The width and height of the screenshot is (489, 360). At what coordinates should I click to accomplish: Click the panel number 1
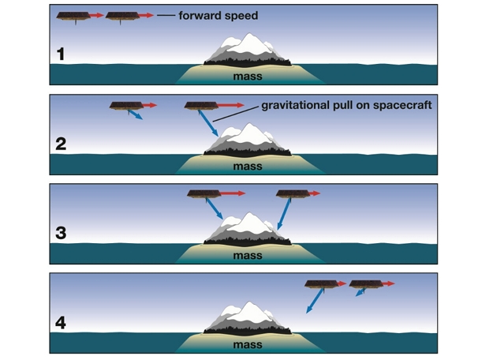[61, 56]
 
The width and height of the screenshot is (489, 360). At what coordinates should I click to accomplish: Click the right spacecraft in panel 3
[292, 194]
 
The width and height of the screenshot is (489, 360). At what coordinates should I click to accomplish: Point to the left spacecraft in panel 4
[321, 284]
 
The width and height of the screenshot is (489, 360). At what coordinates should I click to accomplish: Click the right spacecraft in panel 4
[365, 284]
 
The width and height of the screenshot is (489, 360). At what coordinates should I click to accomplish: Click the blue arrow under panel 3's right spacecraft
[286, 213]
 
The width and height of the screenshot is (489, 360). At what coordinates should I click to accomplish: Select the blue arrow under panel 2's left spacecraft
[136, 115]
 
